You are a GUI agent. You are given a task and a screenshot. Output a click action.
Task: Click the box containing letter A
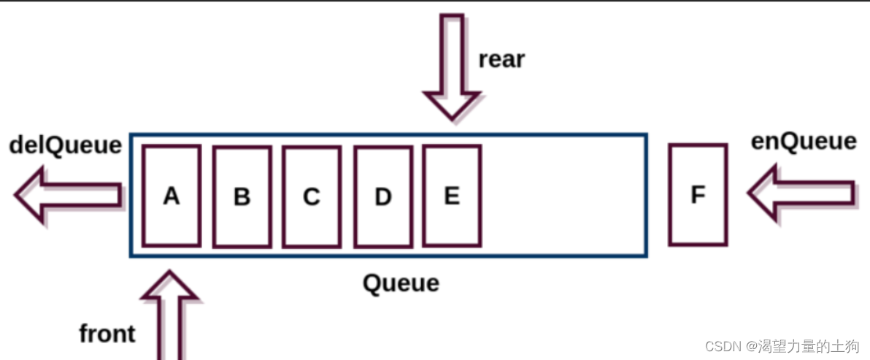pyautogui.click(x=172, y=196)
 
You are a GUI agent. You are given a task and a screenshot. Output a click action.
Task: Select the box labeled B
pyautogui.click(x=242, y=196)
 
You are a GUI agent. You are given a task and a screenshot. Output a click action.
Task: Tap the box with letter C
pyautogui.click(x=312, y=196)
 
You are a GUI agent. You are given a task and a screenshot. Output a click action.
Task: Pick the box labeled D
pyautogui.click(x=382, y=196)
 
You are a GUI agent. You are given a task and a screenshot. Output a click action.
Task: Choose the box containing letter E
pyautogui.click(x=452, y=195)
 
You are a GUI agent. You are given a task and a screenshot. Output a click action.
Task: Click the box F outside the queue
pyautogui.click(x=698, y=194)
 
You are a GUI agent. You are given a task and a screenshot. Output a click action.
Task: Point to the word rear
pyautogui.click(x=501, y=59)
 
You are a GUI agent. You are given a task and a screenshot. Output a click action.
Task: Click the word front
pyautogui.click(x=107, y=334)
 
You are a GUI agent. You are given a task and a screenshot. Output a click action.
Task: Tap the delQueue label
pyautogui.click(x=66, y=145)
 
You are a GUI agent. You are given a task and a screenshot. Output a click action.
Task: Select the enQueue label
pyautogui.click(x=804, y=141)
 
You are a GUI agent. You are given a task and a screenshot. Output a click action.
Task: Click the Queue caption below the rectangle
pyautogui.click(x=401, y=282)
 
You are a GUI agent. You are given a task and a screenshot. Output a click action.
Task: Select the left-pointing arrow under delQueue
pyautogui.click(x=68, y=194)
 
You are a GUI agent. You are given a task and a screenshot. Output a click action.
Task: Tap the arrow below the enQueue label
pyautogui.click(x=801, y=194)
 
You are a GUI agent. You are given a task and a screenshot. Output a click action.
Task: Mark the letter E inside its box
pyautogui.click(x=452, y=195)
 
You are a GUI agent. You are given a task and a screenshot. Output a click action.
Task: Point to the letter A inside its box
pyautogui.click(x=172, y=196)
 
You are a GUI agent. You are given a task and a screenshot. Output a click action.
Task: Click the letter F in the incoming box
pyautogui.click(x=698, y=195)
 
